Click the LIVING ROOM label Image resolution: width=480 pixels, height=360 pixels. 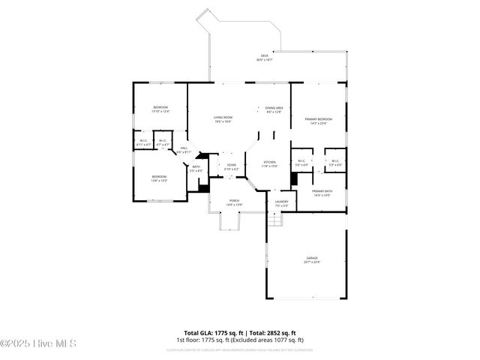click(x=222, y=119)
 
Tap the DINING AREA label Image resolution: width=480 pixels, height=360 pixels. click(x=274, y=109)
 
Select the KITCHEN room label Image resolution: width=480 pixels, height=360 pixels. click(x=269, y=164)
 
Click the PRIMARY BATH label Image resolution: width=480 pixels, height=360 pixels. click(x=322, y=193)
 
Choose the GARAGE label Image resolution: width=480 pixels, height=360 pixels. click(x=312, y=259)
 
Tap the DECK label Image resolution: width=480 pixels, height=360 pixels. click(x=264, y=57)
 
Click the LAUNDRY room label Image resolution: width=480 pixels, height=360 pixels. click(x=281, y=203)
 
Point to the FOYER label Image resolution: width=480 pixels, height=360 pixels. click(x=231, y=166)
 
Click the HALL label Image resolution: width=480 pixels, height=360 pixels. click(x=183, y=150)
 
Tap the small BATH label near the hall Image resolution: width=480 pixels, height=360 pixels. click(x=196, y=169)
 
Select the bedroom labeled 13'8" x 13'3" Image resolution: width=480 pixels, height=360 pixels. click(x=159, y=178)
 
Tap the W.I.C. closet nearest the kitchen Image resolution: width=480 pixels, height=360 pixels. click(x=301, y=163)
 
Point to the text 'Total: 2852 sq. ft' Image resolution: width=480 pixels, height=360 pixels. click(x=271, y=332)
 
